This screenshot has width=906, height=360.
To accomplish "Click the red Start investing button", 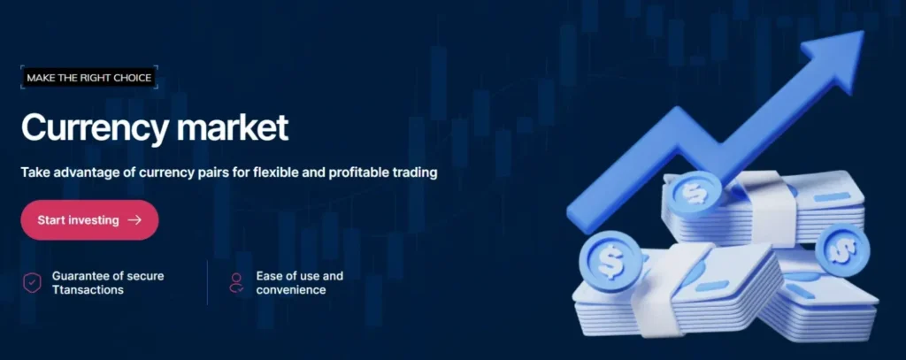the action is (x=89, y=220).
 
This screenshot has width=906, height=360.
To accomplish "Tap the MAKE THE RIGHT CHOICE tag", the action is (x=89, y=78).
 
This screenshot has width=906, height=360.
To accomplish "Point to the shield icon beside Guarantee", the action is (x=32, y=282).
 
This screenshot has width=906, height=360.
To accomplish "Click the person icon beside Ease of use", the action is (x=236, y=282).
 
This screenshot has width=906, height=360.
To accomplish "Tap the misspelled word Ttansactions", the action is (x=88, y=289).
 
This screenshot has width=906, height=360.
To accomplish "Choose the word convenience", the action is (x=291, y=289).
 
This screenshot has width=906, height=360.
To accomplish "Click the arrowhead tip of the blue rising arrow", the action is (x=863, y=32).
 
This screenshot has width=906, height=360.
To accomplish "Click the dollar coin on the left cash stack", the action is (x=610, y=261).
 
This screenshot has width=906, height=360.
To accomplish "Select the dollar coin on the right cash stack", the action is (x=842, y=249).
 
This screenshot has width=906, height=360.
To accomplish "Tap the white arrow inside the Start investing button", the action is (x=134, y=220).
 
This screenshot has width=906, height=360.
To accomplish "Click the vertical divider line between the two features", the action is (x=207, y=282).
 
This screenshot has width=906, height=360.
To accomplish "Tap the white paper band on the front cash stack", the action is (x=657, y=289).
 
